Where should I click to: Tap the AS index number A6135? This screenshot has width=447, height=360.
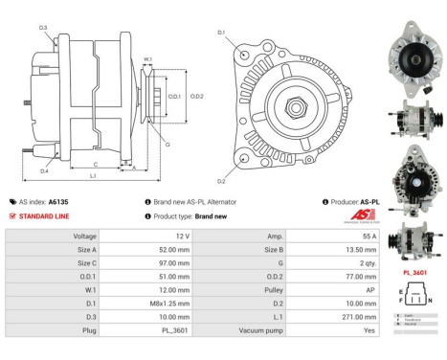point(58,202)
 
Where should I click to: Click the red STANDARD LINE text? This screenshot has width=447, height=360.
point(46,215)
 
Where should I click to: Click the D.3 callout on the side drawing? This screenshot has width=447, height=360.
point(44,28)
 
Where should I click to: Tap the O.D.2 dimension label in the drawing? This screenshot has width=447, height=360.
point(196,97)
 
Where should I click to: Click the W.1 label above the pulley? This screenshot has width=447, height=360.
point(147,59)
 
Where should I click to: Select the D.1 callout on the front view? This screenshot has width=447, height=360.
point(221,33)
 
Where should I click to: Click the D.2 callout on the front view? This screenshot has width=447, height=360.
point(221,180)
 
